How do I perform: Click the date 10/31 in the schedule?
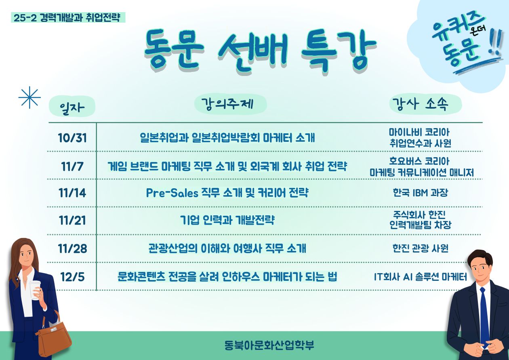click(72, 138)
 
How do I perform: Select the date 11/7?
click(72, 166)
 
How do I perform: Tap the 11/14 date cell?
click(72, 193)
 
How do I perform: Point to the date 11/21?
click(72, 220)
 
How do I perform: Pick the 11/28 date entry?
click(72, 248)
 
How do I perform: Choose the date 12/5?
click(72, 277)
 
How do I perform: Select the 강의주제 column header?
click(227, 104)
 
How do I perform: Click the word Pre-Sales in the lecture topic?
click(172, 193)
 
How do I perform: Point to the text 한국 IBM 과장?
click(420, 193)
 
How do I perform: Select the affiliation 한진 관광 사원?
click(421, 248)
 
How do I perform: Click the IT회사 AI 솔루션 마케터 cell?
click(421, 277)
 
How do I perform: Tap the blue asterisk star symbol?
click(29, 97)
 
